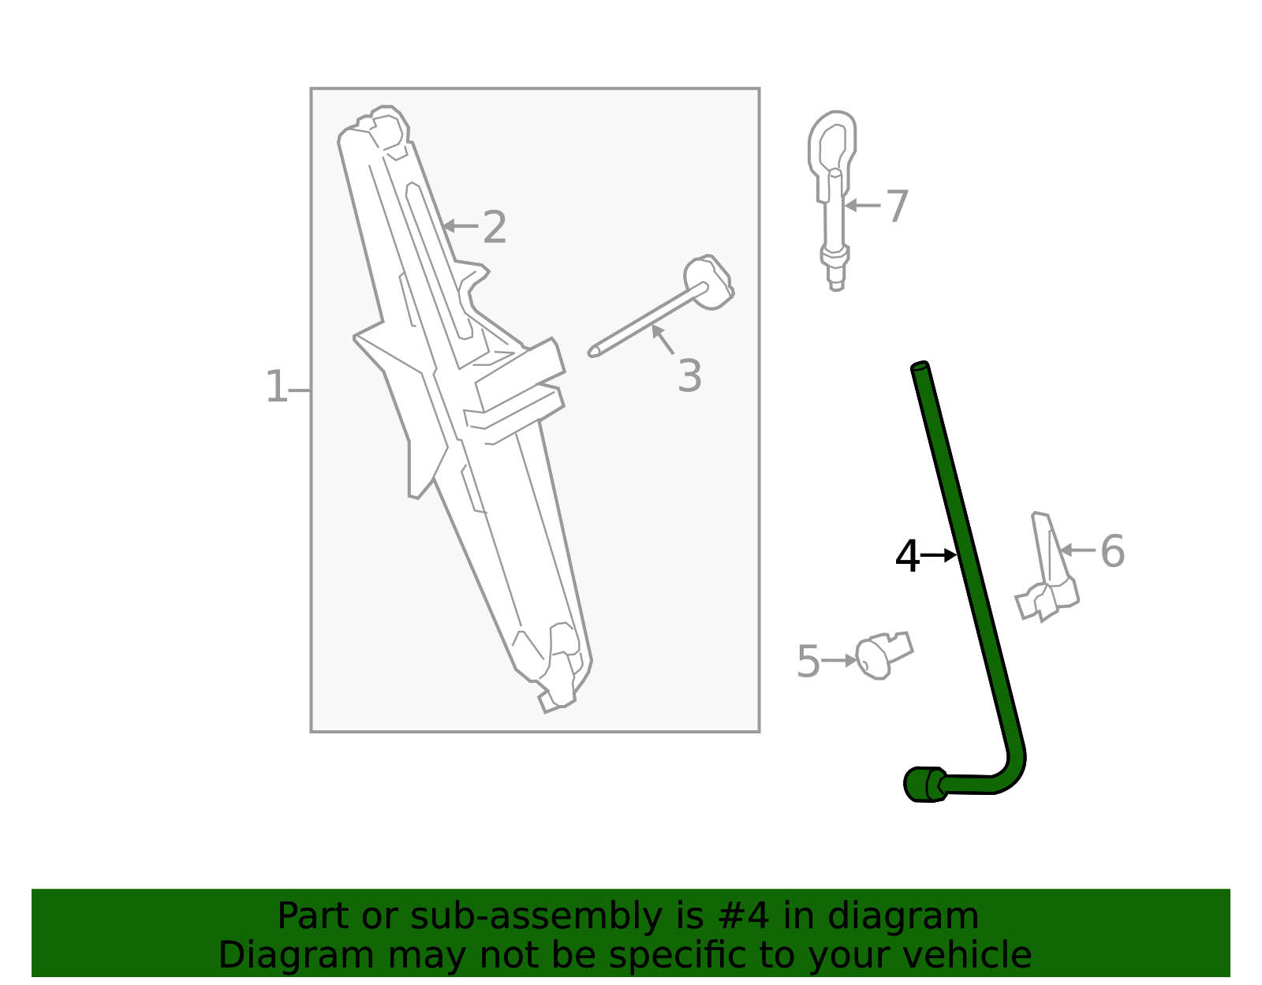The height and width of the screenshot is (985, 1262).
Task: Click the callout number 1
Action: point(276,388)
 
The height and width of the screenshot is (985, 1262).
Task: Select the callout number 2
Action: point(495,228)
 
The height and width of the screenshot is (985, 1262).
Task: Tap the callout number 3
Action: point(689,376)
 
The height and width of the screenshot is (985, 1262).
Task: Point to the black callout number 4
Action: point(907,557)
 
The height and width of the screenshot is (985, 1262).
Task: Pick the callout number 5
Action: point(808,661)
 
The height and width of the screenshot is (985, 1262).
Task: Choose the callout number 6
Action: point(1112,551)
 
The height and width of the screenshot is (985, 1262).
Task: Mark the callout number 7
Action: point(898,207)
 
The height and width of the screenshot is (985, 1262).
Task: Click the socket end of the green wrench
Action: point(923,784)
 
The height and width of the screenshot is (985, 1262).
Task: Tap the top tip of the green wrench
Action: point(920,367)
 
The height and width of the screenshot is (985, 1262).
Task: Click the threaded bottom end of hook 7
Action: point(836,280)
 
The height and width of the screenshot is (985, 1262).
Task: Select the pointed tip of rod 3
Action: point(594,352)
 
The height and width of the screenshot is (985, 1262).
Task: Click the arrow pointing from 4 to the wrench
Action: point(939,556)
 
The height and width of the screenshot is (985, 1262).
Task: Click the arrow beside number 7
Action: point(862,206)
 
